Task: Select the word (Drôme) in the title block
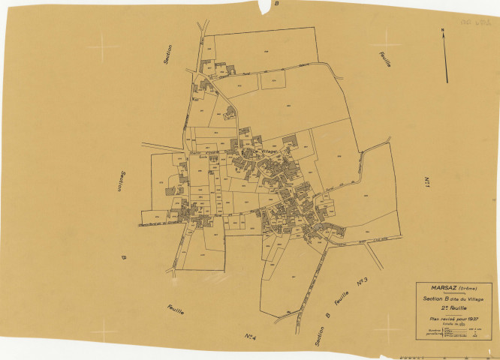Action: pyautogui.click(x=469, y=289)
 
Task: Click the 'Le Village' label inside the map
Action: pyautogui.click(x=264, y=152)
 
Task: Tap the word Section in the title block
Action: pyautogui.click(x=435, y=298)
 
